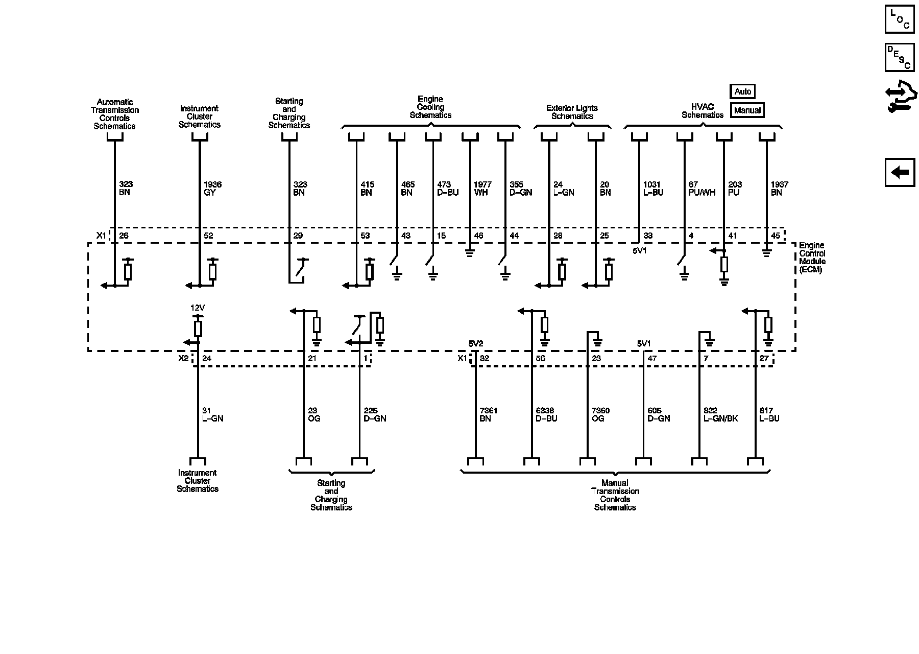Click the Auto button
tap(742, 91)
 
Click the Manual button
tap(747, 110)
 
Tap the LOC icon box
tap(900, 19)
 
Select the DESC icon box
tap(900, 58)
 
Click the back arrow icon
tap(900, 173)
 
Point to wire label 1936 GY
tap(212, 189)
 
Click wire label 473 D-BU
tap(448, 189)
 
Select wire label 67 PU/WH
tap(702, 189)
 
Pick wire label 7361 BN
tap(489, 414)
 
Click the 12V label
tap(198, 308)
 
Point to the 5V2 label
tap(475, 344)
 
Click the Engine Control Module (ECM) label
tap(812, 258)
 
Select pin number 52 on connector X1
tap(208, 236)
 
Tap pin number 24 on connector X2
tap(207, 359)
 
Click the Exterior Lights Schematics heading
tap(572, 112)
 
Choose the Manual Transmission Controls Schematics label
tap(615, 495)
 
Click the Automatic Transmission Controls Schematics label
tap(115, 114)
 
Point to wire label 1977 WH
tap(482, 189)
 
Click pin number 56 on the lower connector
tap(540, 359)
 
